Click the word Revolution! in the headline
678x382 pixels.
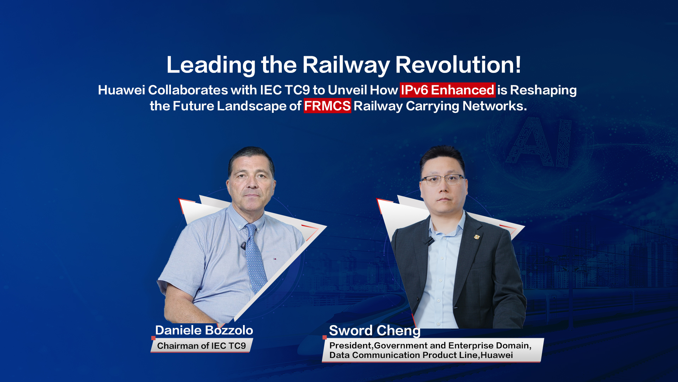click(458, 65)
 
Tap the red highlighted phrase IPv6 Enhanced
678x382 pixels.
click(447, 90)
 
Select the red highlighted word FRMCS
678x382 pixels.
click(327, 106)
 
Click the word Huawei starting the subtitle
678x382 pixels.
click(121, 90)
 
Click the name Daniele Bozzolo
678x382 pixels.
click(204, 330)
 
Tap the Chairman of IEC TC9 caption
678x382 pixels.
click(201, 346)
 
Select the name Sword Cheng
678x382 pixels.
click(375, 331)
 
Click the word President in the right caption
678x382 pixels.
click(350, 346)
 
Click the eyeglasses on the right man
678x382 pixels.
click(443, 180)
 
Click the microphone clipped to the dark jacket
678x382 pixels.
click(429, 241)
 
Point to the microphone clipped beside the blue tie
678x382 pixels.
click(243, 245)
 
